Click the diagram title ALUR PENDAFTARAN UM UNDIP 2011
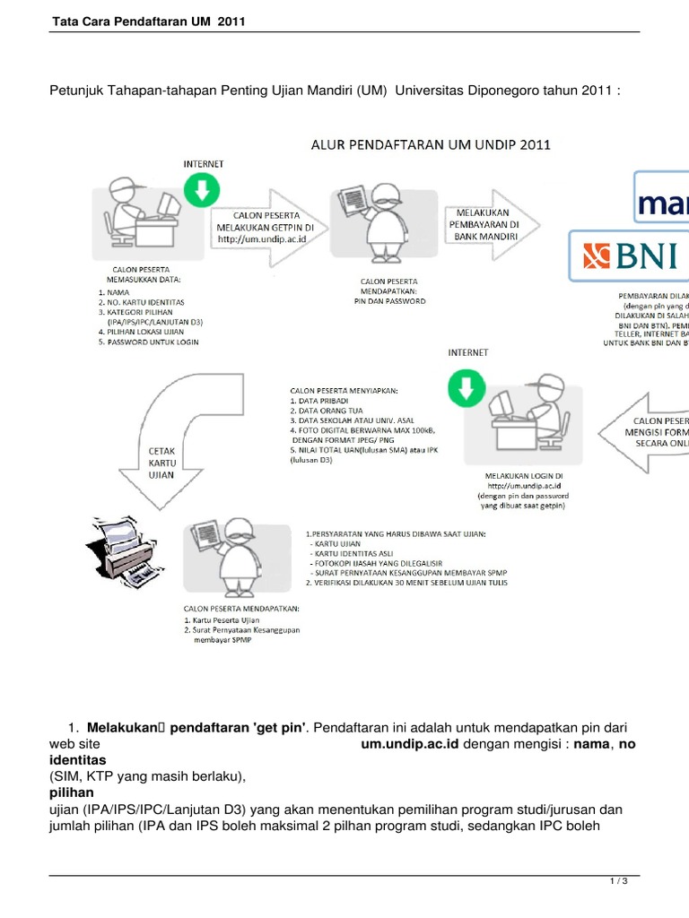431,143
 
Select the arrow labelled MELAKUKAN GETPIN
266,229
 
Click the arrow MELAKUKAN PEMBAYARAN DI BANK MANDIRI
489,223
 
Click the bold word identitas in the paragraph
77,759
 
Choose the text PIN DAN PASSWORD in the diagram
388,301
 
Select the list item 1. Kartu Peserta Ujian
222,619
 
